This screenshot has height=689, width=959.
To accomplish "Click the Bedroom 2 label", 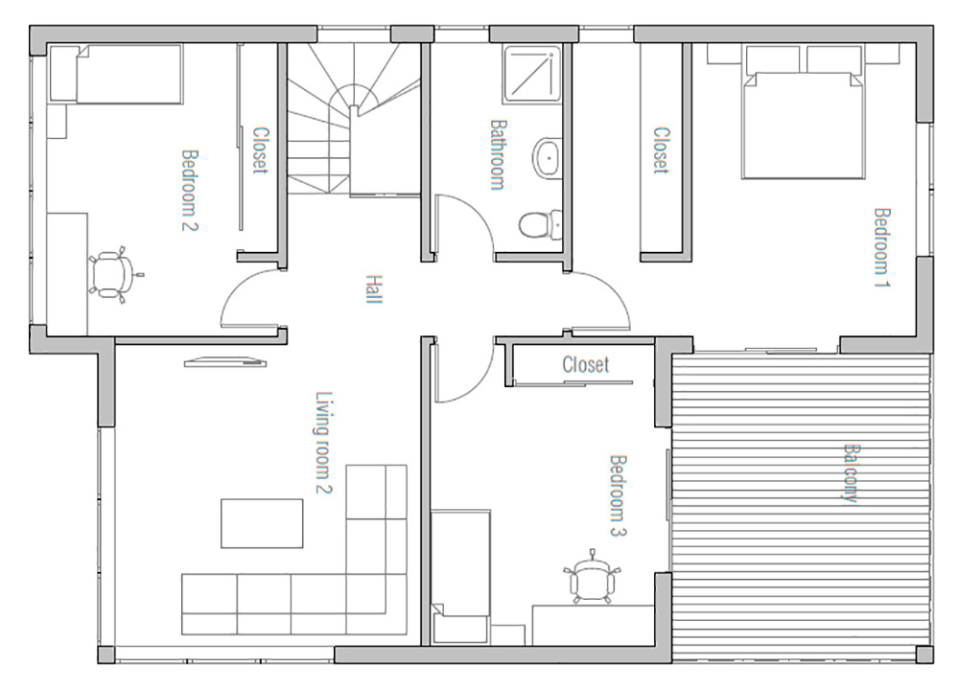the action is tap(190, 190).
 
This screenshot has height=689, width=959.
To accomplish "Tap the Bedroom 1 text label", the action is tap(882, 247).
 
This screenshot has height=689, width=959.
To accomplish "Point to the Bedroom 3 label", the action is tap(619, 495).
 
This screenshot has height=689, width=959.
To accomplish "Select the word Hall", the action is tap(373, 289).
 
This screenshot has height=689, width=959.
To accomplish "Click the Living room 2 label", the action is tap(323, 443).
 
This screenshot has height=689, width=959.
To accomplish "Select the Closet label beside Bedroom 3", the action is tap(586, 365).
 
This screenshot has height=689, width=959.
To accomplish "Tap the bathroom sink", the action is tap(547, 158).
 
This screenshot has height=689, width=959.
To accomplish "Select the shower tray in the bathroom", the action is tap(532, 74).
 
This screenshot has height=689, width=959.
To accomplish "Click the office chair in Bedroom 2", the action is tap(111, 274).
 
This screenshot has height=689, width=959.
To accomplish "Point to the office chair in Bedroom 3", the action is tap(591, 577).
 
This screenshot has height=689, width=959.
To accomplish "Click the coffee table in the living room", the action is tap(262, 523).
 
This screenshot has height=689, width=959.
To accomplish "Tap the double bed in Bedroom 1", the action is tap(803, 112).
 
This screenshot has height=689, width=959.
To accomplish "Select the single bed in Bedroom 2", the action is tap(116, 73).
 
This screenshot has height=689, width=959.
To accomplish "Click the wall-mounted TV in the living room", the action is tap(225, 362).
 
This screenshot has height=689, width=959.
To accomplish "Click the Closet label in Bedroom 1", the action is tap(661, 150).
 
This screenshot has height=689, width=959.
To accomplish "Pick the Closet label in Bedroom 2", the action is tap(261, 150).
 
